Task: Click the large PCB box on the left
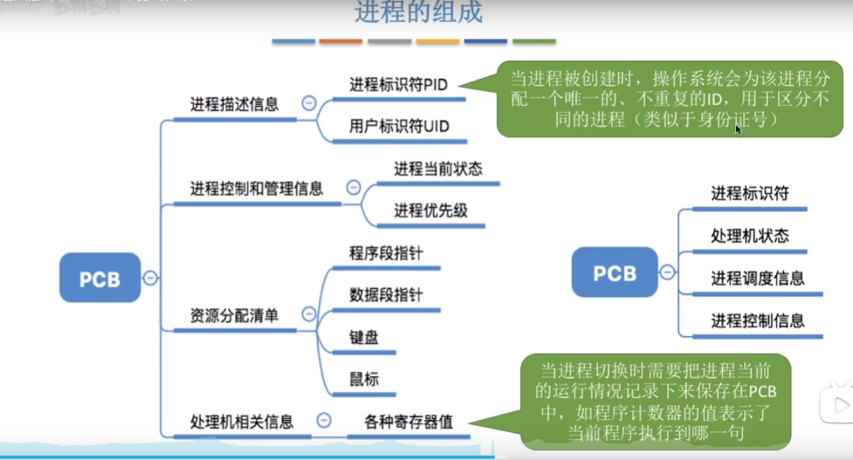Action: [x=100, y=278]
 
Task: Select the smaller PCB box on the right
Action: [x=614, y=272]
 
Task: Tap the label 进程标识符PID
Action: [x=398, y=84]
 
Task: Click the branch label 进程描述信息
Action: [x=234, y=104]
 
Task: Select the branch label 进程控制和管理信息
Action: [x=256, y=188]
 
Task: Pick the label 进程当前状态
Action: [x=438, y=169]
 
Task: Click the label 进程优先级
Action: [x=431, y=210]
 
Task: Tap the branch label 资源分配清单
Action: [x=234, y=315]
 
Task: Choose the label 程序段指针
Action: [x=386, y=253]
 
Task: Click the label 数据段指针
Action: [x=386, y=295]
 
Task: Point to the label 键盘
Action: [x=364, y=337]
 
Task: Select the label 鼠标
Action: [x=364, y=379]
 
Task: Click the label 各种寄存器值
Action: [x=408, y=422]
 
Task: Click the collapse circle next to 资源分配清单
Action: [x=309, y=314]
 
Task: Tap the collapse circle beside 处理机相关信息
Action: [x=324, y=420]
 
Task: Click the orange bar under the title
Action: [x=341, y=42]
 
